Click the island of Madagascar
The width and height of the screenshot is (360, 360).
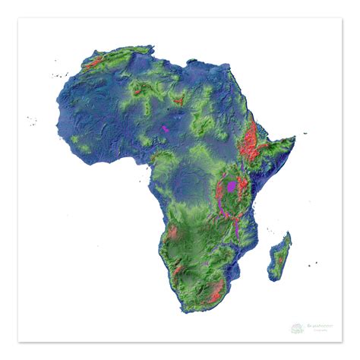tap(279, 254)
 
